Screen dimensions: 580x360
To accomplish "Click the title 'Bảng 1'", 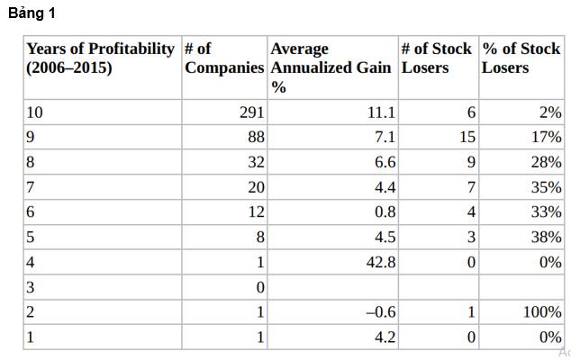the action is [x=32, y=13].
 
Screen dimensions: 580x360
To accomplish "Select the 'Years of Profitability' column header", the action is [x=100, y=58].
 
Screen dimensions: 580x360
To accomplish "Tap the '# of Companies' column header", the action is [x=224, y=58].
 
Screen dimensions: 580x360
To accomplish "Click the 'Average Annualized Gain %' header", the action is [x=331, y=67].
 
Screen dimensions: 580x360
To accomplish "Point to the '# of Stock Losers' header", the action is [x=437, y=58].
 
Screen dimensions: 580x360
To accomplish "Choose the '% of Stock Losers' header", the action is [x=521, y=58].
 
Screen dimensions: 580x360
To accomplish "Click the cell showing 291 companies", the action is [x=252, y=112].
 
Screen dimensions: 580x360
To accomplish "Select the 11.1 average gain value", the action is [x=381, y=112].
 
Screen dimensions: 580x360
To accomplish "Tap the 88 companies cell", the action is [x=257, y=137].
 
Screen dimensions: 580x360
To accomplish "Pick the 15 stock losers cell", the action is [x=467, y=137].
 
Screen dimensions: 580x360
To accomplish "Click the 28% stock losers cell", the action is [x=547, y=162].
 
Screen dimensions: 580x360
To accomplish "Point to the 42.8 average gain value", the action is [x=381, y=263].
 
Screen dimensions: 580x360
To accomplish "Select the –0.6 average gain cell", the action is [x=381, y=312].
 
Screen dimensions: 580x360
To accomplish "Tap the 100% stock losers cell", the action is [x=542, y=312].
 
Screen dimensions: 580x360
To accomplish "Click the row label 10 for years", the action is [x=34, y=112].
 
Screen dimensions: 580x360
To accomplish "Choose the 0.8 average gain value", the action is [x=385, y=212].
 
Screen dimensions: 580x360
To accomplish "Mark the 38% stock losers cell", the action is [x=547, y=238].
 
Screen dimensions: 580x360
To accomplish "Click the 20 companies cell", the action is [x=257, y=187].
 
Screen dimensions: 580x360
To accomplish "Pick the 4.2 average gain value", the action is [x=385, y=337].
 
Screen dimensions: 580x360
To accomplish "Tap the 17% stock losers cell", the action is [x=547, y=137].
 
